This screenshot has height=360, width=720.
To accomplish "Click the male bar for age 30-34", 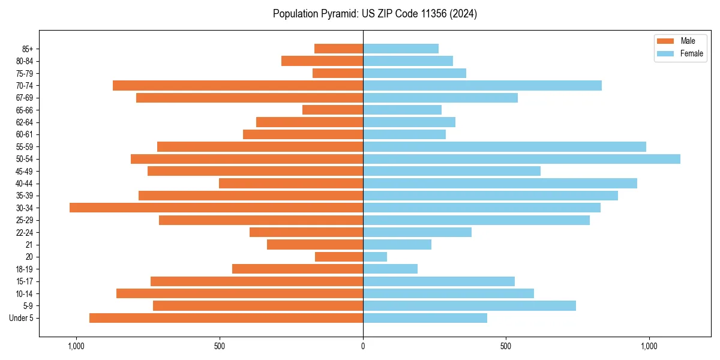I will [216, 208].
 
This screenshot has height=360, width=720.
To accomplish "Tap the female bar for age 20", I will [375, 257].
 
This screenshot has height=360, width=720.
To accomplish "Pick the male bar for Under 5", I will [226, 318].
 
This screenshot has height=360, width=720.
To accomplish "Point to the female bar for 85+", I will [401, 49].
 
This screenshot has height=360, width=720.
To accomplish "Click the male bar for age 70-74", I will [238, 85].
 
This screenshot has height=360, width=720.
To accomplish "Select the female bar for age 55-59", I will [505, 146].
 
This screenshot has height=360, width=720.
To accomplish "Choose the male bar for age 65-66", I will [332, 110].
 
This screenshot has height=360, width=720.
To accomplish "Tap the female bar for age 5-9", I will [469, 306].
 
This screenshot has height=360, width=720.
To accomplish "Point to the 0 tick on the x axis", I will [363, 346].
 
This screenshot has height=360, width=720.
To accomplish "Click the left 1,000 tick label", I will [76, 346].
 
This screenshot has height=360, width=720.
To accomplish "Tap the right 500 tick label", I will [506, 346].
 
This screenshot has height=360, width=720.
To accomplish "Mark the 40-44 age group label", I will [25, 183].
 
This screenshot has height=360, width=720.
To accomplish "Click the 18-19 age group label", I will [25, 269].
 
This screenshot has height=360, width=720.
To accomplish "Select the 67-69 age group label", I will [25, 98].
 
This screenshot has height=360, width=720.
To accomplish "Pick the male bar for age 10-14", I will [239, 293].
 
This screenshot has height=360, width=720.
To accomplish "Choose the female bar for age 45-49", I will [452, 171].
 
